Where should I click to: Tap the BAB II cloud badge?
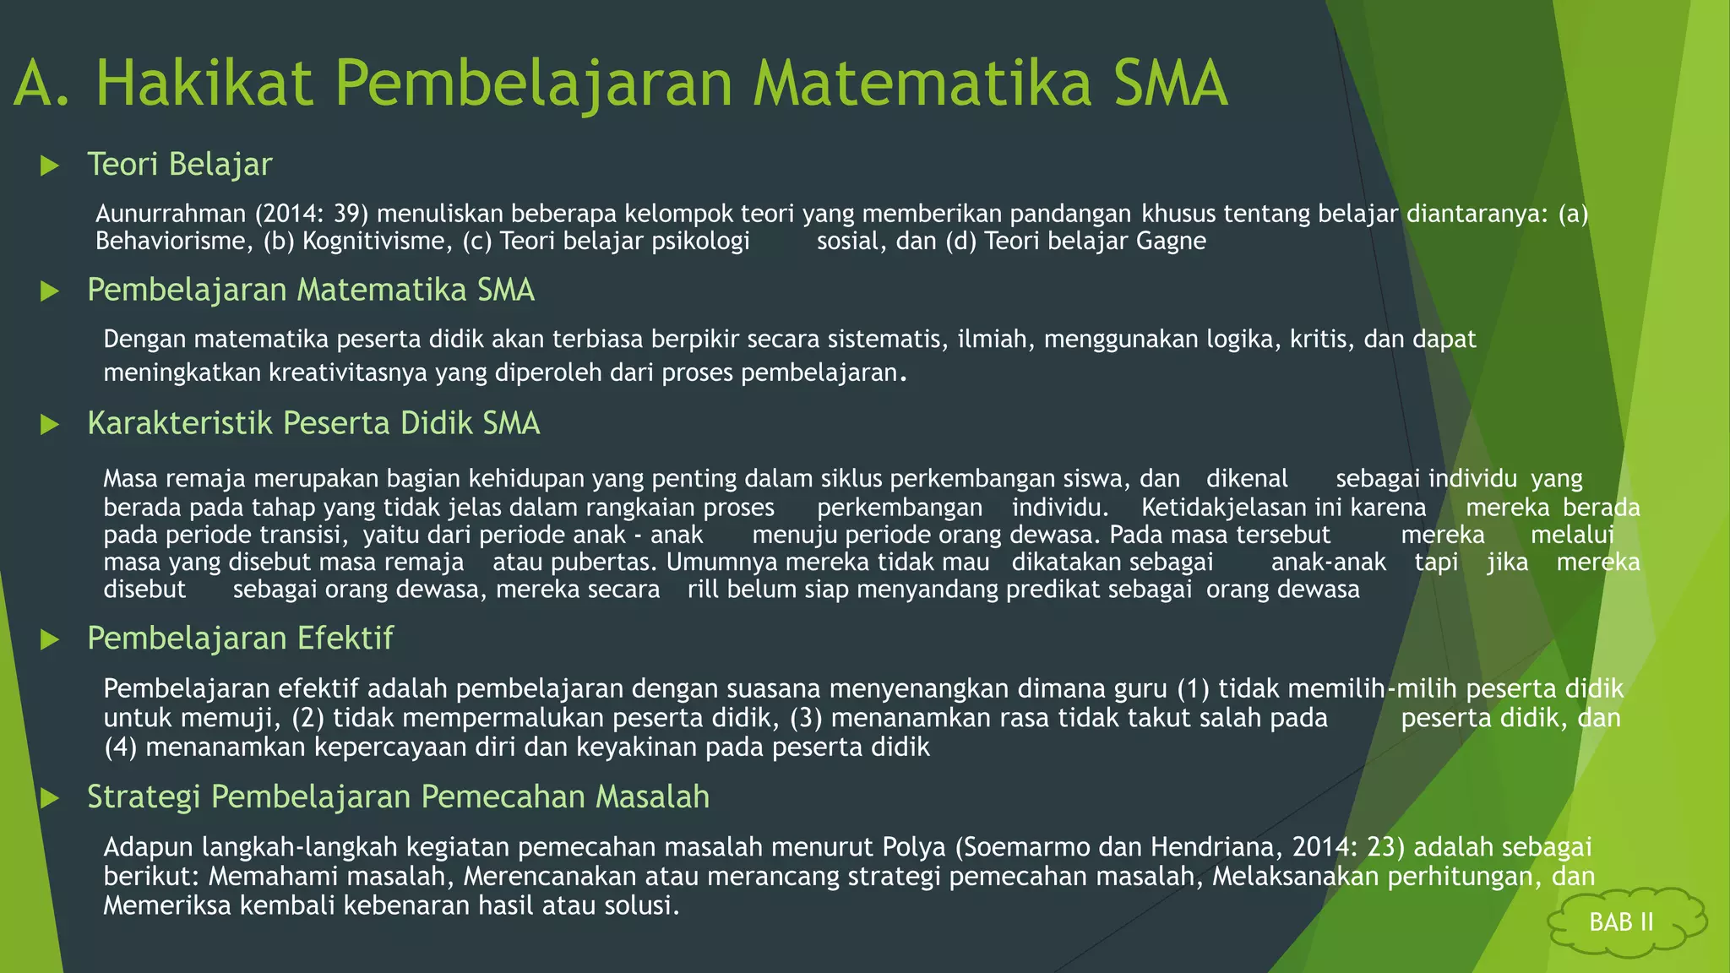tap(1621, 921)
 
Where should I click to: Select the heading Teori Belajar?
tap(180, 164)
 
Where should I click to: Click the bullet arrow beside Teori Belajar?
tap(50, 166)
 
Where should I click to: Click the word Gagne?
tap(1171, 241)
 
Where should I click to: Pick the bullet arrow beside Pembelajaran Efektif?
tap(50, 639)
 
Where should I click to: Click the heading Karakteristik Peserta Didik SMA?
tap(313, 423)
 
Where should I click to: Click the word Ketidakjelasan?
tap(1225, 508)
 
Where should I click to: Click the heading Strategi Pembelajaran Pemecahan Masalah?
tap(398, 796)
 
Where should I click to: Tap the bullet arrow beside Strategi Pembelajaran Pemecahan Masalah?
tap(50, 798)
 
